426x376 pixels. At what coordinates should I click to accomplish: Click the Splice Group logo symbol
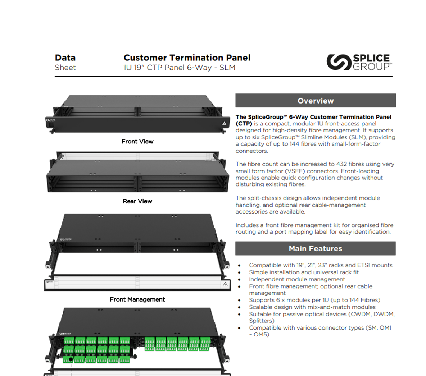(339, 62)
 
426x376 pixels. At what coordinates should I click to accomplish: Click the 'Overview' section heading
(316, 101)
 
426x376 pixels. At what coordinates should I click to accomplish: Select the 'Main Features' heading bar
(316, 248)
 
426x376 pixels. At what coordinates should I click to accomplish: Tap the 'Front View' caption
(137, 142)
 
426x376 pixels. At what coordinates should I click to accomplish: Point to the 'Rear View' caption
(137, 201)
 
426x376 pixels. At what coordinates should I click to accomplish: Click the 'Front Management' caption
(137, 299)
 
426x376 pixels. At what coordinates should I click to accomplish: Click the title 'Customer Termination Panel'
(187, 58)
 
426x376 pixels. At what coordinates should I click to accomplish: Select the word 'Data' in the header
(65, 58)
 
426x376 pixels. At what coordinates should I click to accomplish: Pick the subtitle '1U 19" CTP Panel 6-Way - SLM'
(179, 68)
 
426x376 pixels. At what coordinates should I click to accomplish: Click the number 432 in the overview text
(341, 164)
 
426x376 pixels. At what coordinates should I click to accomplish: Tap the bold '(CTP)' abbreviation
(244, 124)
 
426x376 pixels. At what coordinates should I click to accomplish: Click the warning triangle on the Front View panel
(224, 123)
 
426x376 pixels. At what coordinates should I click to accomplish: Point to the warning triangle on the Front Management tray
(225, 284)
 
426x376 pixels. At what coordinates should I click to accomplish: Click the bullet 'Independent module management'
(297, 279)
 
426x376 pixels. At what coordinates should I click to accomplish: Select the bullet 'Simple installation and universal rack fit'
(304, 272)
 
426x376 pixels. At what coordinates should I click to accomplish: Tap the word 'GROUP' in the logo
(371, 67)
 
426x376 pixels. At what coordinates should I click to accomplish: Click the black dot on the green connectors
(71, 359)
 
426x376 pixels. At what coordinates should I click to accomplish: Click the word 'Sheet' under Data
(65, 68)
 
